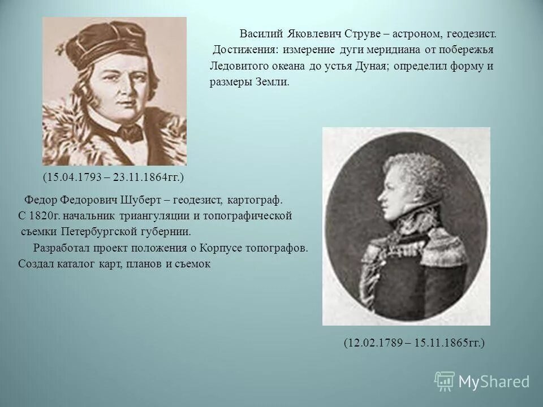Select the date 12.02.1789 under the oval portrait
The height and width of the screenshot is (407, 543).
tap(373, 343)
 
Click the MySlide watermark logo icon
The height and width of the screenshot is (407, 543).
tap(445, 382)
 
